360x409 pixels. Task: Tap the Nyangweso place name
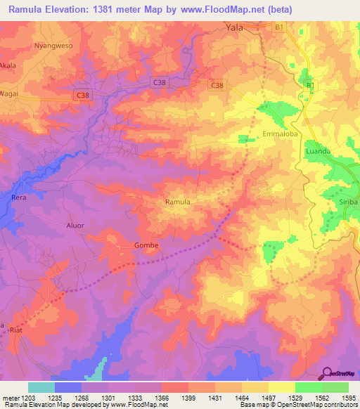tap(53, 45)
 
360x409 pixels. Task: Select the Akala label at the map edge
tap(8, 64)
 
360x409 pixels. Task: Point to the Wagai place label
tap(10, 91)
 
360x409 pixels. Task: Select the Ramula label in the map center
tap(177, 202)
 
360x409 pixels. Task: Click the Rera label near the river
tap(19, 197)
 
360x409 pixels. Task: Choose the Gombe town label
tap(146, 245)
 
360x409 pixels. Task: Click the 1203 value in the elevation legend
tap(28, 398)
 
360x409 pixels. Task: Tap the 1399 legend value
tap(188, 398)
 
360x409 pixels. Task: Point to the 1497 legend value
tap(269, 398)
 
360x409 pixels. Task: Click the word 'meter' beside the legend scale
tap(9, 398)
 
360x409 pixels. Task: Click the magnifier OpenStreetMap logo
tap(327, 373)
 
